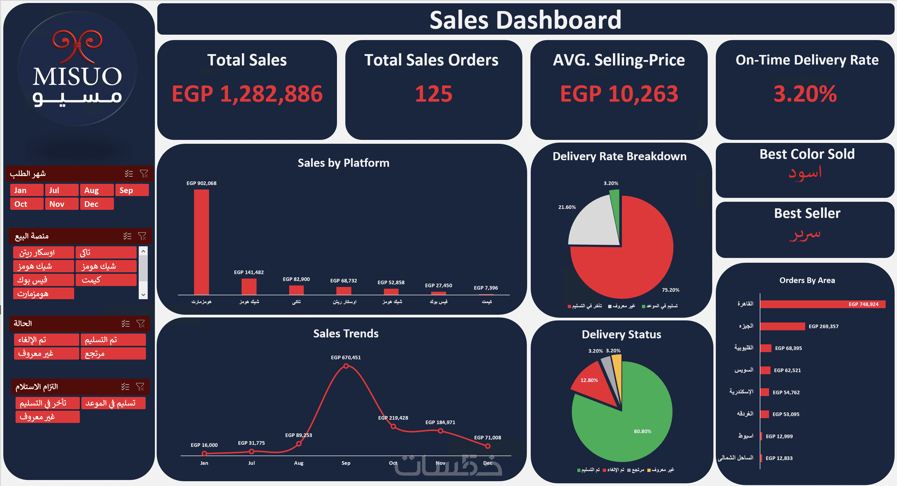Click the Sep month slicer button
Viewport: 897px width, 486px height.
pyautogui.click(x=132, y=190)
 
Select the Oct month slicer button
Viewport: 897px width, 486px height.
pyautogui.click(x=27, y=204)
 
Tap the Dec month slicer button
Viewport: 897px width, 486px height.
pyautogui.click(x=97, y=204)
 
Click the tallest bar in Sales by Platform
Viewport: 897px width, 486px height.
pyautogui.click(x=201, y=242)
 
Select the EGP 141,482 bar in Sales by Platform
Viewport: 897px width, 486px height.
pyautogui.click(x=249, y=286)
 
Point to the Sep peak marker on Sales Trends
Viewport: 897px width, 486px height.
pyautogui.click(x=346, y=366)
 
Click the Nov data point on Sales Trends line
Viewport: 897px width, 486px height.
pyautogui.click(x=440, y=431)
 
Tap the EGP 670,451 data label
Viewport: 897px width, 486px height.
pyautogui.click(x=345, y=357)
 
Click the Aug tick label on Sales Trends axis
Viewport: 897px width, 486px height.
pyautogui.click(x=298, y=463)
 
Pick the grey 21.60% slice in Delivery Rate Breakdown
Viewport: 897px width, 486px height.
pyautogui.click(x=594, y=223)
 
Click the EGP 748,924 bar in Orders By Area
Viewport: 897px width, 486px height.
pyautogui.click(x=822, y=304)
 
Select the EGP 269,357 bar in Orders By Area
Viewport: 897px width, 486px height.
pyautogui.click(x=782, y=326)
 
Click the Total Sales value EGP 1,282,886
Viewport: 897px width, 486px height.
pyautogui.click(x=247, y=94)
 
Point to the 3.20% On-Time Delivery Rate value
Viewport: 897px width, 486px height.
pyautogui.click(x=805, y=94)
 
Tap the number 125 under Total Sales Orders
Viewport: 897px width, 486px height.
pyautogui.click(x=434, y=94)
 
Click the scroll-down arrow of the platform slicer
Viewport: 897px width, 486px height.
pyautogui.click(x=143, y=294)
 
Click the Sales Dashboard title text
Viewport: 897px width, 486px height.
pyautogui.click(x=525, y=20)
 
